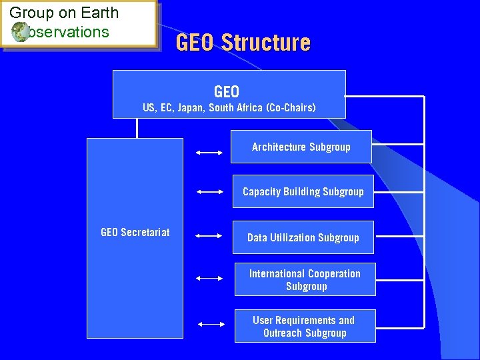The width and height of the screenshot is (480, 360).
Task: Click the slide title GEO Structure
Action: click(243, 43)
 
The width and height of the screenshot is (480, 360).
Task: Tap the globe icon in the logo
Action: click(20, 31)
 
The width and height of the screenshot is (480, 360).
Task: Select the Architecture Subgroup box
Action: click(301, 147)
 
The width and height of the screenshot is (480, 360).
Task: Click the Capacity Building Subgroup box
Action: click(303, 192)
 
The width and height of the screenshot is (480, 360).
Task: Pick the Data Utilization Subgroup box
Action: click(303, 237)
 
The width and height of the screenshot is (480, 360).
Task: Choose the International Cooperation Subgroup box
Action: click(305, 279)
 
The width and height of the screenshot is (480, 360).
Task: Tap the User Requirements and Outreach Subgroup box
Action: click(305, 326)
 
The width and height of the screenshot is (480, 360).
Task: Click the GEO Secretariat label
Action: click(135, 232)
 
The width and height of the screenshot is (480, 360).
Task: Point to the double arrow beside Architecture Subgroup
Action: click(209, 153)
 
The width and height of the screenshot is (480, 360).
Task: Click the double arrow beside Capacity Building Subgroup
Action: click(210, 191)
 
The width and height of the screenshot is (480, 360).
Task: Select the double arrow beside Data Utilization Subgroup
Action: click(209, 235)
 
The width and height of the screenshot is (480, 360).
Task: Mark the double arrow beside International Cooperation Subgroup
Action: click(209, 277)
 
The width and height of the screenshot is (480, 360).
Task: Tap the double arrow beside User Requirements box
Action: click(211, 325)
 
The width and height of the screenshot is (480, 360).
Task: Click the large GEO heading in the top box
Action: click(227, 91)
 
